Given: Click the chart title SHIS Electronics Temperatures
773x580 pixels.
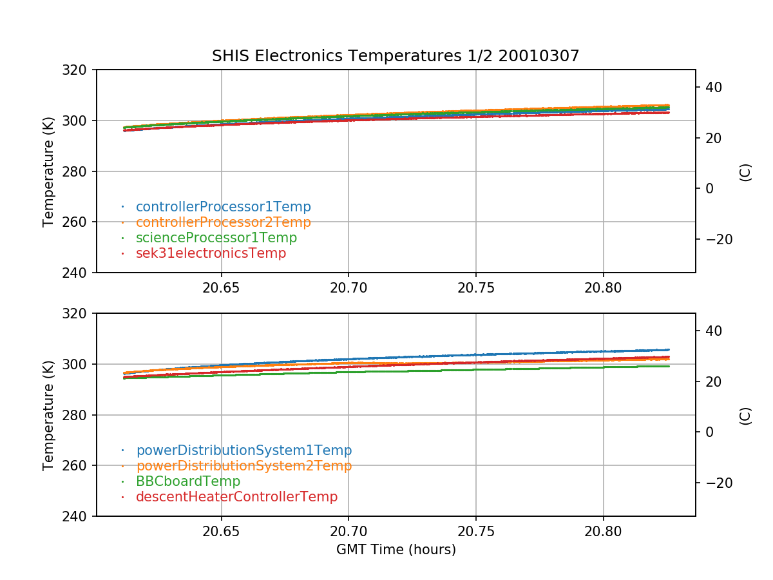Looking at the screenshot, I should (396, 56).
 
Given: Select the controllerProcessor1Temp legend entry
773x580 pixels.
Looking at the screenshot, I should (223, 207).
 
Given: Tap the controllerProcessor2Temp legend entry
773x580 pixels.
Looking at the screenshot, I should (223, 222).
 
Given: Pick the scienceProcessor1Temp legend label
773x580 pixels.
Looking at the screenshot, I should (216, 238).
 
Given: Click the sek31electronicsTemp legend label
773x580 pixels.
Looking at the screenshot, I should (211, 253).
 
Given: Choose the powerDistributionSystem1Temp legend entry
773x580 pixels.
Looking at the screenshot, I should (243, 450).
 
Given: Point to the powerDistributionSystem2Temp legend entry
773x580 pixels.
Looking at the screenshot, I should (243, 466).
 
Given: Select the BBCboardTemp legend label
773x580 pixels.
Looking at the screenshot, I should (188, 481).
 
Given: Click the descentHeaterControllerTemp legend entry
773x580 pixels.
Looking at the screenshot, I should (236, 497).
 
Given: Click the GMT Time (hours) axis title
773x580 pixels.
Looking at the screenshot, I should (396, 550).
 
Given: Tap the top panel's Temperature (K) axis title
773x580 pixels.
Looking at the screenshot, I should (48, 171).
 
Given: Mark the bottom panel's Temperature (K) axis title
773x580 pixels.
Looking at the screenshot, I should (48, 414).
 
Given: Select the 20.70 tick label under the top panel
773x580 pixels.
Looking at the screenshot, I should (348, 287).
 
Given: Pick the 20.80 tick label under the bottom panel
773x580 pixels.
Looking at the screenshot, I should (603, 531).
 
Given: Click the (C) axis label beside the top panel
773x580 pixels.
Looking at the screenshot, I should (745, 172).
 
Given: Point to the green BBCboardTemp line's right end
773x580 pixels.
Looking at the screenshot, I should (669, 366).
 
